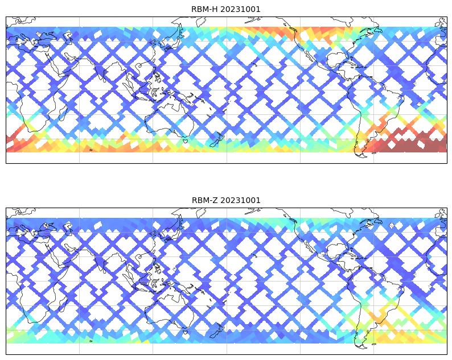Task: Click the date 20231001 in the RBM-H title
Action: (240, 9)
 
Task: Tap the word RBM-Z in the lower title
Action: (205, 200)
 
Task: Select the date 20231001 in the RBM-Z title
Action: (240, 200)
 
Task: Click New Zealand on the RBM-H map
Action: (217, 139)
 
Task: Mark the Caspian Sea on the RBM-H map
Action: (68, 36)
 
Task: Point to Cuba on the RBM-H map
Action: (356, 65)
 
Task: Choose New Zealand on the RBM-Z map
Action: (217, 330)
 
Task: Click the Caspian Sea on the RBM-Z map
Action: (68, 227)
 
